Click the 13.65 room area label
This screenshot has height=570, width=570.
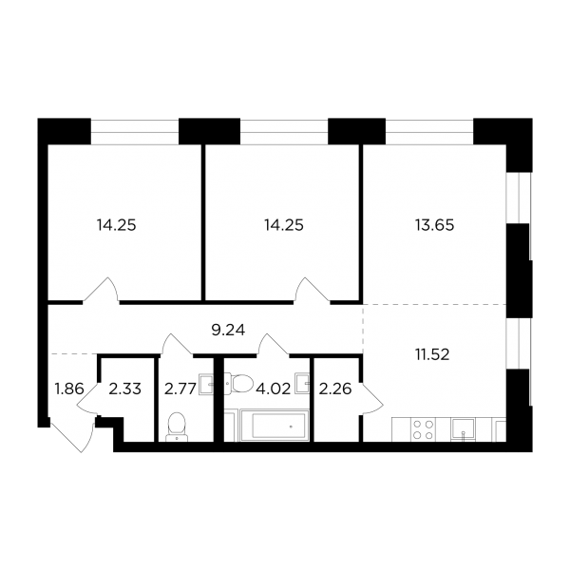point(434,225)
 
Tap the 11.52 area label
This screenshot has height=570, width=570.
point(432,354)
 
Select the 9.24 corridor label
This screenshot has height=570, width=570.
point(228,330)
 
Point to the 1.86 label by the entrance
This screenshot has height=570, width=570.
point(69,389)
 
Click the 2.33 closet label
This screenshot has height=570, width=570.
point(124,389)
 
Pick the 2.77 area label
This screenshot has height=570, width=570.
point(180,389)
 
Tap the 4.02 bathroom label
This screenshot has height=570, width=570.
point(274,389)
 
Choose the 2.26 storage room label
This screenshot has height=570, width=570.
point(335,389)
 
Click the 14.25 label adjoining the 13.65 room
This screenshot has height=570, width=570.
point(283,225)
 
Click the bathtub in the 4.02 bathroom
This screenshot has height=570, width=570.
point(275,426)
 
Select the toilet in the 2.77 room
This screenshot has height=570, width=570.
point(177,427)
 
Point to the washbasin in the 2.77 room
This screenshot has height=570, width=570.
point(206,384)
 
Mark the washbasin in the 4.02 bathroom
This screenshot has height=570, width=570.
point(303,383)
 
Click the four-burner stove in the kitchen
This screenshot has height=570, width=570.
point(423,429)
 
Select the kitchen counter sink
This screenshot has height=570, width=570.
point(463,429)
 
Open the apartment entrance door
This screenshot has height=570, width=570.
point(72,435)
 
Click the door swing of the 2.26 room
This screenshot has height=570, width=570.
point(372,397)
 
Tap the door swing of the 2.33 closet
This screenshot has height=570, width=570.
point(88,397)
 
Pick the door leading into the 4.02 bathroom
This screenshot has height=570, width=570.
point(273,344)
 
